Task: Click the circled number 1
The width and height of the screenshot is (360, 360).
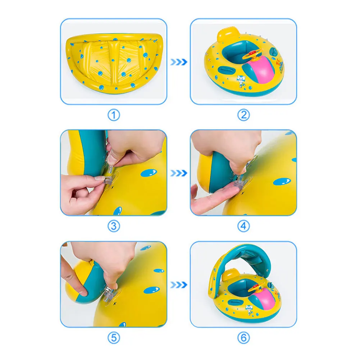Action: point(114,115)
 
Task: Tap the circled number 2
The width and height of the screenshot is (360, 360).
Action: point(243,115)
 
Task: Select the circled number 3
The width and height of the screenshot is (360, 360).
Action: point(114,226)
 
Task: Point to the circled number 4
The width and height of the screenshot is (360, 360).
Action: point(243,226)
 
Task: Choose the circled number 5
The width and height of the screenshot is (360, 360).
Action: point(114,338)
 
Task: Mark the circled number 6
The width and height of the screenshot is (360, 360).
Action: point(243,338)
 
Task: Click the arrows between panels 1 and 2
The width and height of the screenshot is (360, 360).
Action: point(179,62)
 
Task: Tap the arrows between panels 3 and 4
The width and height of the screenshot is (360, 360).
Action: point(179,173)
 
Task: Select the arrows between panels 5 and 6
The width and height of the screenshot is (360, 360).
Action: point(179,284)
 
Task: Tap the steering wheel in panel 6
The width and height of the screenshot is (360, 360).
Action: point(252,288)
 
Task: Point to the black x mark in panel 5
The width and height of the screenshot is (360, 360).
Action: point(115,304)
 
